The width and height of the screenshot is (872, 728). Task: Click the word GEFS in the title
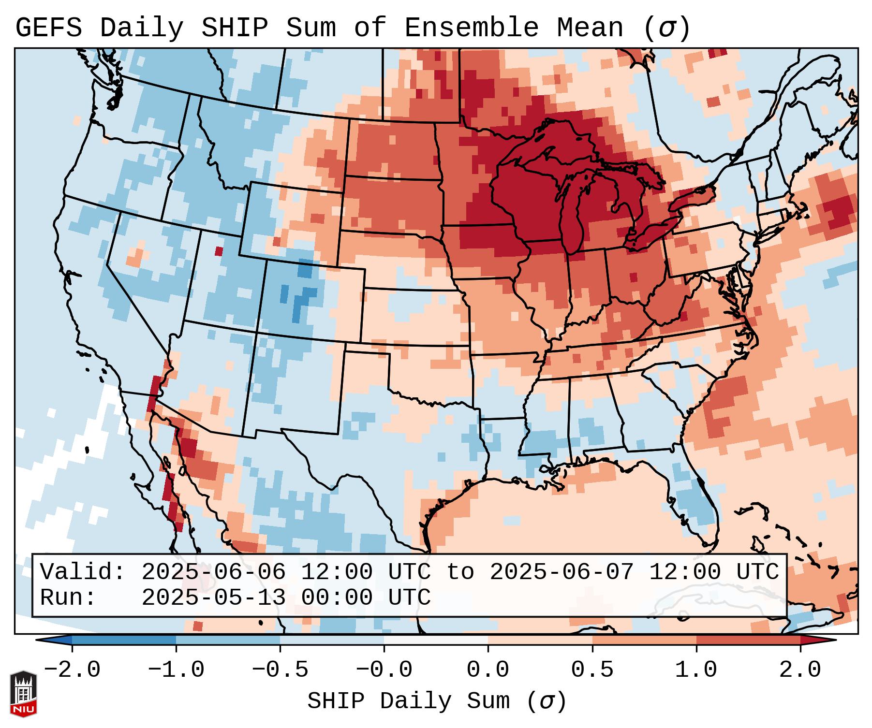(48, 28)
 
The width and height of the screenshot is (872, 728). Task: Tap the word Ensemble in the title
(471, 28)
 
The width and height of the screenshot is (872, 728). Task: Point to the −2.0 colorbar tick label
(72, 670)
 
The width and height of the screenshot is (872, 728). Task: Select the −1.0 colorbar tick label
(176, 670)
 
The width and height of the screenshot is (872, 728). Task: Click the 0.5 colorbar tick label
(592, 670)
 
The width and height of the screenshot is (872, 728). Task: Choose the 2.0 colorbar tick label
(800, 670)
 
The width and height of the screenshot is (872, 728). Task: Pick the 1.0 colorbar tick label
(696, 670)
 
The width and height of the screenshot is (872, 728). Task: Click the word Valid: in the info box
(83, 572)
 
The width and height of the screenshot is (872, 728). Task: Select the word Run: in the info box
(68, 598)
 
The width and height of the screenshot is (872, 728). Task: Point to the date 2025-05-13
(214, 598)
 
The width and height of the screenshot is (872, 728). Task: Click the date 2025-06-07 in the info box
(562, 572)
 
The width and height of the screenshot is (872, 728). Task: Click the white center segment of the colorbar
(436, 640)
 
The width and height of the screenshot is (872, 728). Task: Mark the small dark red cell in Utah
(219, 251)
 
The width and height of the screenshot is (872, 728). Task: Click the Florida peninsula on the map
(696, 508)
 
